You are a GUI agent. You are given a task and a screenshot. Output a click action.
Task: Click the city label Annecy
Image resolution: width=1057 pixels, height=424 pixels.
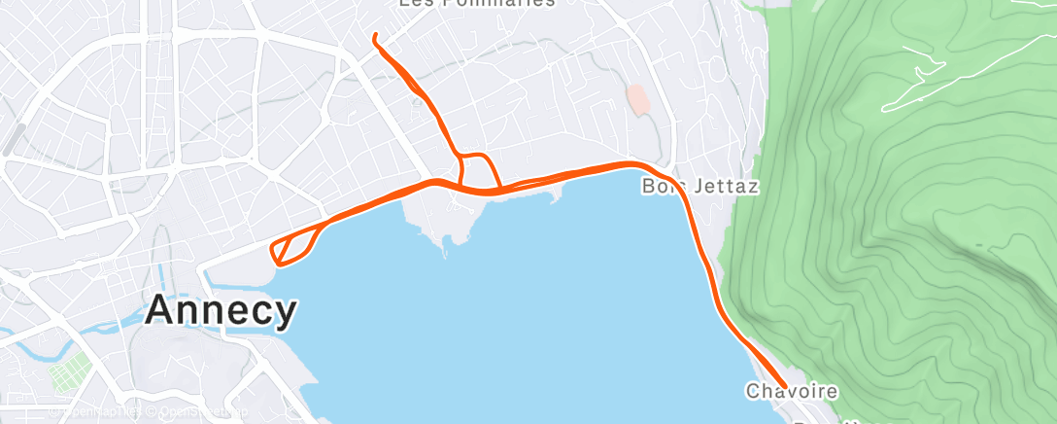[221, 311]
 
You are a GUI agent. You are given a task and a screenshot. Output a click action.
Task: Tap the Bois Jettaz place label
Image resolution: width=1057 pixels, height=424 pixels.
[699, 186]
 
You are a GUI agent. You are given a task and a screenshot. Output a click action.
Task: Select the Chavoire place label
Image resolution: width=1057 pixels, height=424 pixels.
[792, 392]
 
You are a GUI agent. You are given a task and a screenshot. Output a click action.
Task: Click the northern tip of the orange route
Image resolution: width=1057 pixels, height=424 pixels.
[375, 36]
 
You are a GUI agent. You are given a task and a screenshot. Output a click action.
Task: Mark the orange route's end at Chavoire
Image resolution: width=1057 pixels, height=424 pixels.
[786, 386]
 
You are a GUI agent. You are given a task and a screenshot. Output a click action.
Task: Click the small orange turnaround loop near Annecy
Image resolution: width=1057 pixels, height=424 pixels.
[290, 246]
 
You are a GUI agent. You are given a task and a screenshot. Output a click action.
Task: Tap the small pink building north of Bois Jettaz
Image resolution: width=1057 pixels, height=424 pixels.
[637, 99]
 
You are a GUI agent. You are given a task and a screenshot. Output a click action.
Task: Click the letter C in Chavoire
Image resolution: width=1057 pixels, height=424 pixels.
[752, 392]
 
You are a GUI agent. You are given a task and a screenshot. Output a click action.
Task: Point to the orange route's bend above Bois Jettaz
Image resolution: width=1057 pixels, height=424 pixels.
[641, 166]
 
